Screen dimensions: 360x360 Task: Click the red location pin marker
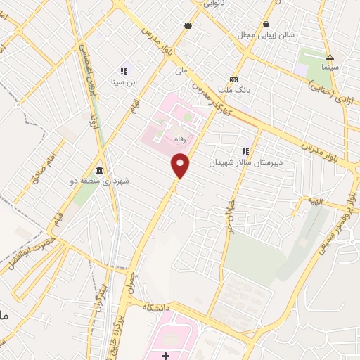click(181, 165)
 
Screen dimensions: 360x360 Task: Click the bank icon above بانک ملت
click(233, 79)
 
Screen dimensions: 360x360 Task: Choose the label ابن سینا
click(127, 82)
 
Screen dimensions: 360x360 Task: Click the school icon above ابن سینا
click(124, 71)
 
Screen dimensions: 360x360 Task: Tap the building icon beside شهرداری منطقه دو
click(99, 171)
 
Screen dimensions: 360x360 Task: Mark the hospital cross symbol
click(165, 354)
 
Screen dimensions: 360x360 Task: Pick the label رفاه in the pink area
click(180, 140)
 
